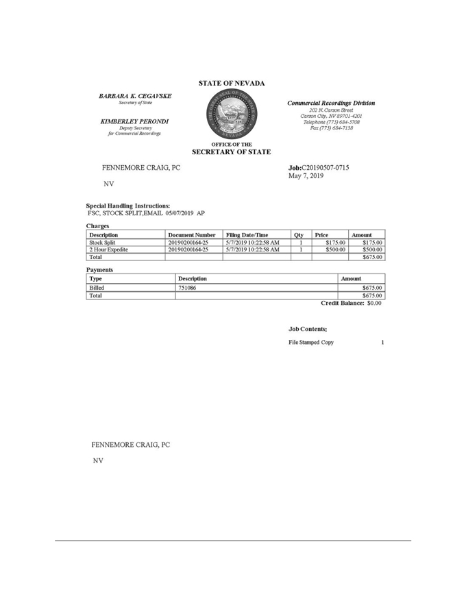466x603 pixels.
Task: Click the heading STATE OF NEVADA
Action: pyautogui.click(x=232, y=84)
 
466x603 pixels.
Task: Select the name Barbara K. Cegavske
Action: pyautogui.click(x=135, y=96)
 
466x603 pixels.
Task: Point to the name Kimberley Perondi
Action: pyautogui.click(x=134, y=121)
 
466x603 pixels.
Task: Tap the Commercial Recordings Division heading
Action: pyautogui.click(x=331, y=103)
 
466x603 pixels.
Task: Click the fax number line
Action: pyautogui.click(x=331, y=128)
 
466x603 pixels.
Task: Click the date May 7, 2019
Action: pyautogui.click(x=306, y=176)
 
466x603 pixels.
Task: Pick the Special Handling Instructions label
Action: pyautogui.click(x=128, y=206)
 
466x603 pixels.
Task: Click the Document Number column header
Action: pyautogui.click(x=192, y=235)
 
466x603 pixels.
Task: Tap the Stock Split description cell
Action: pyautogui.click(x=101, y=243)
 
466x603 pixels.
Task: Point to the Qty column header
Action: pyautogui.click(x=299, y=235)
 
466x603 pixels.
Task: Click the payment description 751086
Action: pyautogui.click(x=187, y=288)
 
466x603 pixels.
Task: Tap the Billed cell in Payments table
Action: pyautogui.click(x=97, y=288)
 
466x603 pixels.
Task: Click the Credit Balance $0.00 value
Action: pyautogui.click(x=374, y=303)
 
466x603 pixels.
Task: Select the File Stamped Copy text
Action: pyautogui.click(x=311, y=342)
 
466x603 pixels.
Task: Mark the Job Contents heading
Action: pyautogui.click(x=308, y=330)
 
